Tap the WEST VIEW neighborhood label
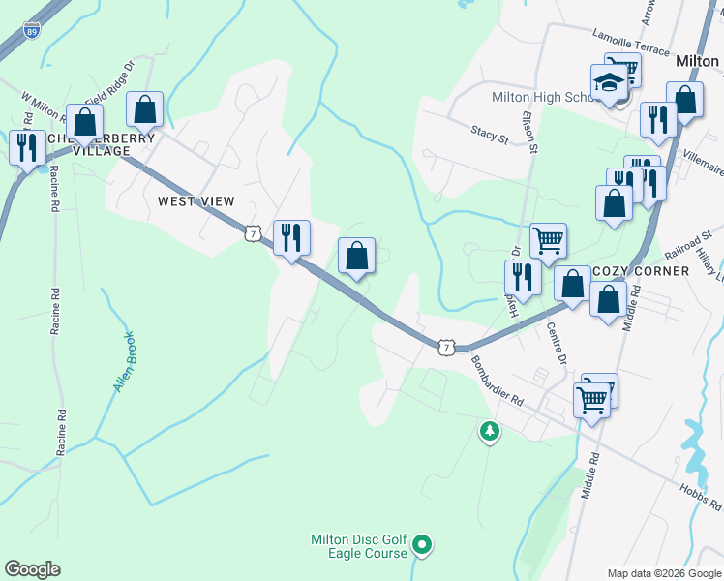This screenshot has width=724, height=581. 196,201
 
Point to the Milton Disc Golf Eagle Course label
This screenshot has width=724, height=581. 358,547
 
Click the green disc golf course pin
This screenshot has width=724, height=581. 421,546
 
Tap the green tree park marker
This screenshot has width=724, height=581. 490,431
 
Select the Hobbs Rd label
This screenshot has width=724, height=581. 701,498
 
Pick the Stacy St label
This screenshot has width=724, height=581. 490,134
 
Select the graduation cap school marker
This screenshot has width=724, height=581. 610,84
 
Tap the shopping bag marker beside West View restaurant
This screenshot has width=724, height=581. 357,258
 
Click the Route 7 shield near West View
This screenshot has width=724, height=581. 253,233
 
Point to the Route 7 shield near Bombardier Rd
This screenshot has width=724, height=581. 445,346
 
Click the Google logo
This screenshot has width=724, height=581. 33,569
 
